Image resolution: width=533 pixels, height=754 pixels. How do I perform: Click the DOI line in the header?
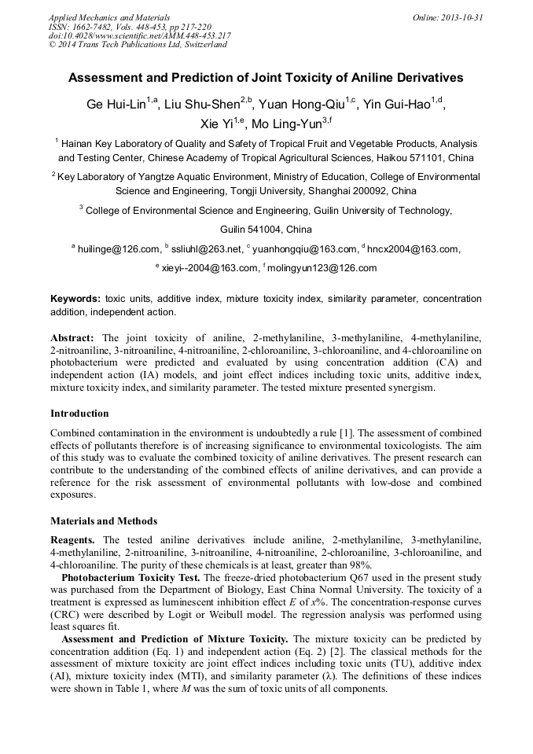tap(139, 35)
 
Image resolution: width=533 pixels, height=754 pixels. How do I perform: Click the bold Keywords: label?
tap(75, 299)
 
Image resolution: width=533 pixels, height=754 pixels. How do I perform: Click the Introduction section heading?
tap(79, 414)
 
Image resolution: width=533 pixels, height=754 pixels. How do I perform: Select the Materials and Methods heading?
tap(104, 521)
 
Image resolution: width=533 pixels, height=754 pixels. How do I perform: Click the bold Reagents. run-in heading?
tap(73, 541)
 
